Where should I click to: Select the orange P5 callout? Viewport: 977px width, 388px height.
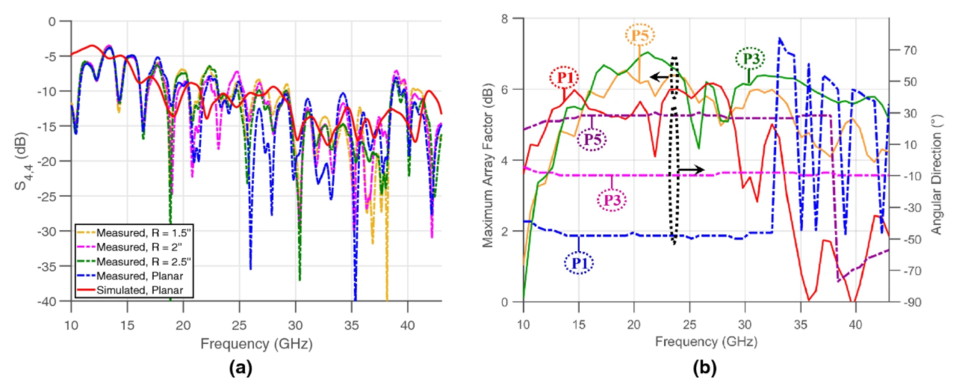(x=639, y=35)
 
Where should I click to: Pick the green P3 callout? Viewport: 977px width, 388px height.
(x=748, y=58)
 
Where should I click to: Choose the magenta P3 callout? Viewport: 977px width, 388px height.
(x=612, y=200)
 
